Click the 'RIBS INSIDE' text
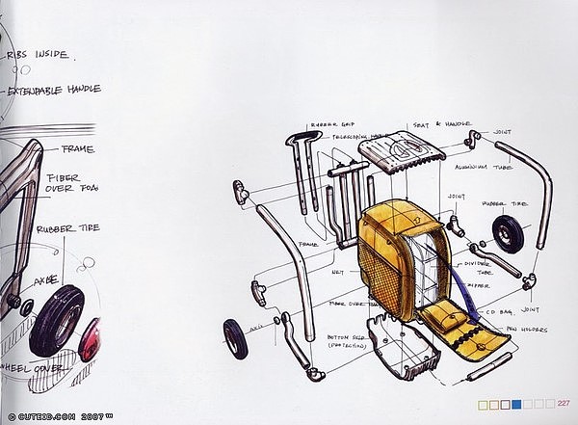[38, 54]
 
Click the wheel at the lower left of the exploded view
[235, 338]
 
